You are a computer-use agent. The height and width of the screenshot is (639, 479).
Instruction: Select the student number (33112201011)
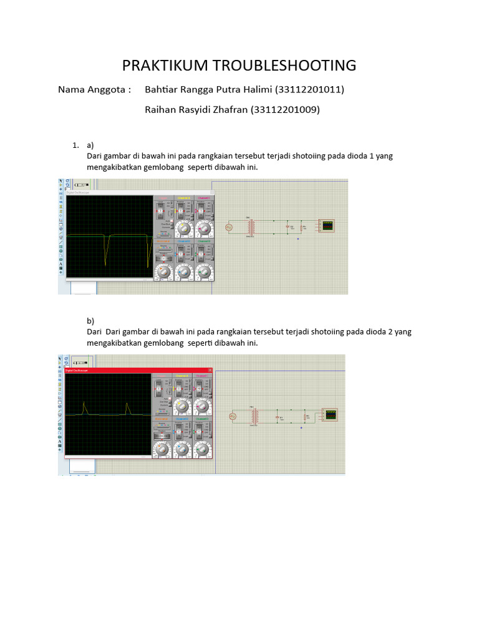309,89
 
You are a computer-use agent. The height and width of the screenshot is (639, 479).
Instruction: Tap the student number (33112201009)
285,109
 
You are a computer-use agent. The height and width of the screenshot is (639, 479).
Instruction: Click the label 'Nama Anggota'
94,89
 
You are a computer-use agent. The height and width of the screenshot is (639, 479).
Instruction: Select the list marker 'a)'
90,145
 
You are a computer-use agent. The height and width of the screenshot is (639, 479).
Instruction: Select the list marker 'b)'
90,321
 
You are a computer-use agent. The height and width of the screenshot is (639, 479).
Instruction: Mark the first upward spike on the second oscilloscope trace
84,406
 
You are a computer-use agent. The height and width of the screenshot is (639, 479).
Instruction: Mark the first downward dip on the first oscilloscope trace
107,250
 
